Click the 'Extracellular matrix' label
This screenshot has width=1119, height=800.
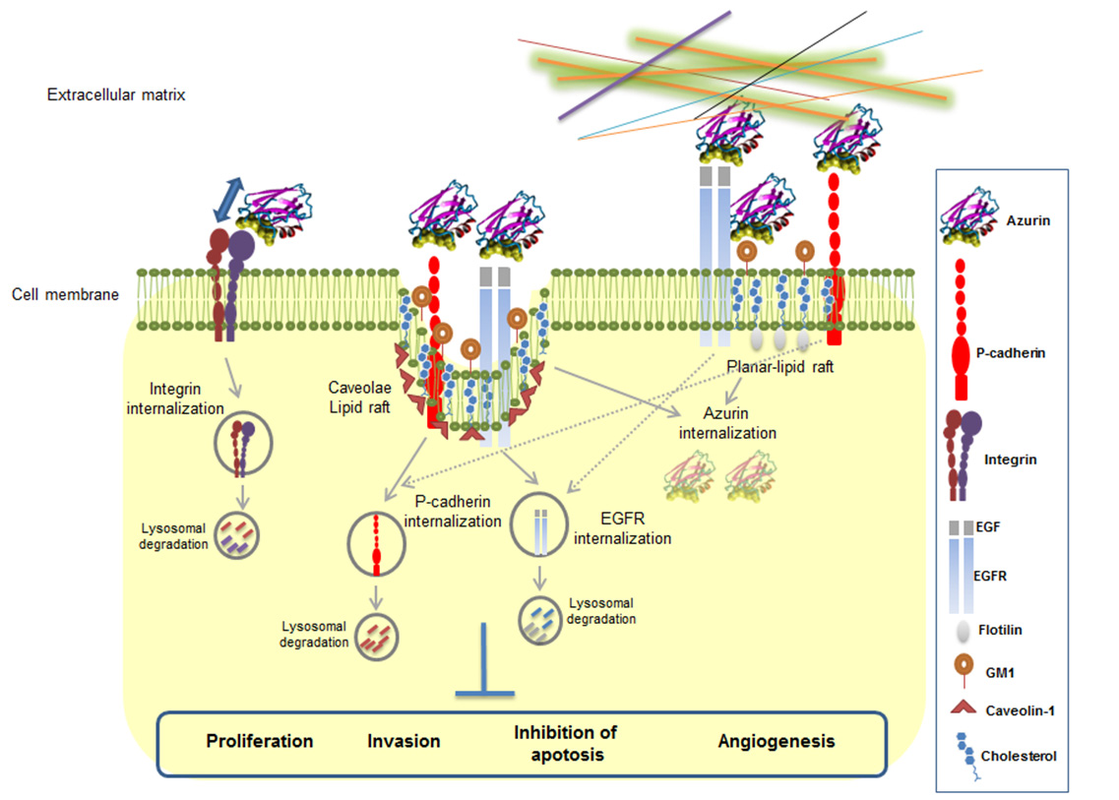116,95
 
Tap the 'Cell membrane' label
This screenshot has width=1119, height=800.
65,293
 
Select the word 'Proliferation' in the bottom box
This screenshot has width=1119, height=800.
260,741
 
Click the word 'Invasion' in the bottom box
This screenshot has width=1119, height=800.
404,741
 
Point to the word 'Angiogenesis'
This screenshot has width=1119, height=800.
777,741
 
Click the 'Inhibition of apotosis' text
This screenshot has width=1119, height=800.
558,744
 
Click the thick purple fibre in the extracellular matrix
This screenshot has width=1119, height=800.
645,65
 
